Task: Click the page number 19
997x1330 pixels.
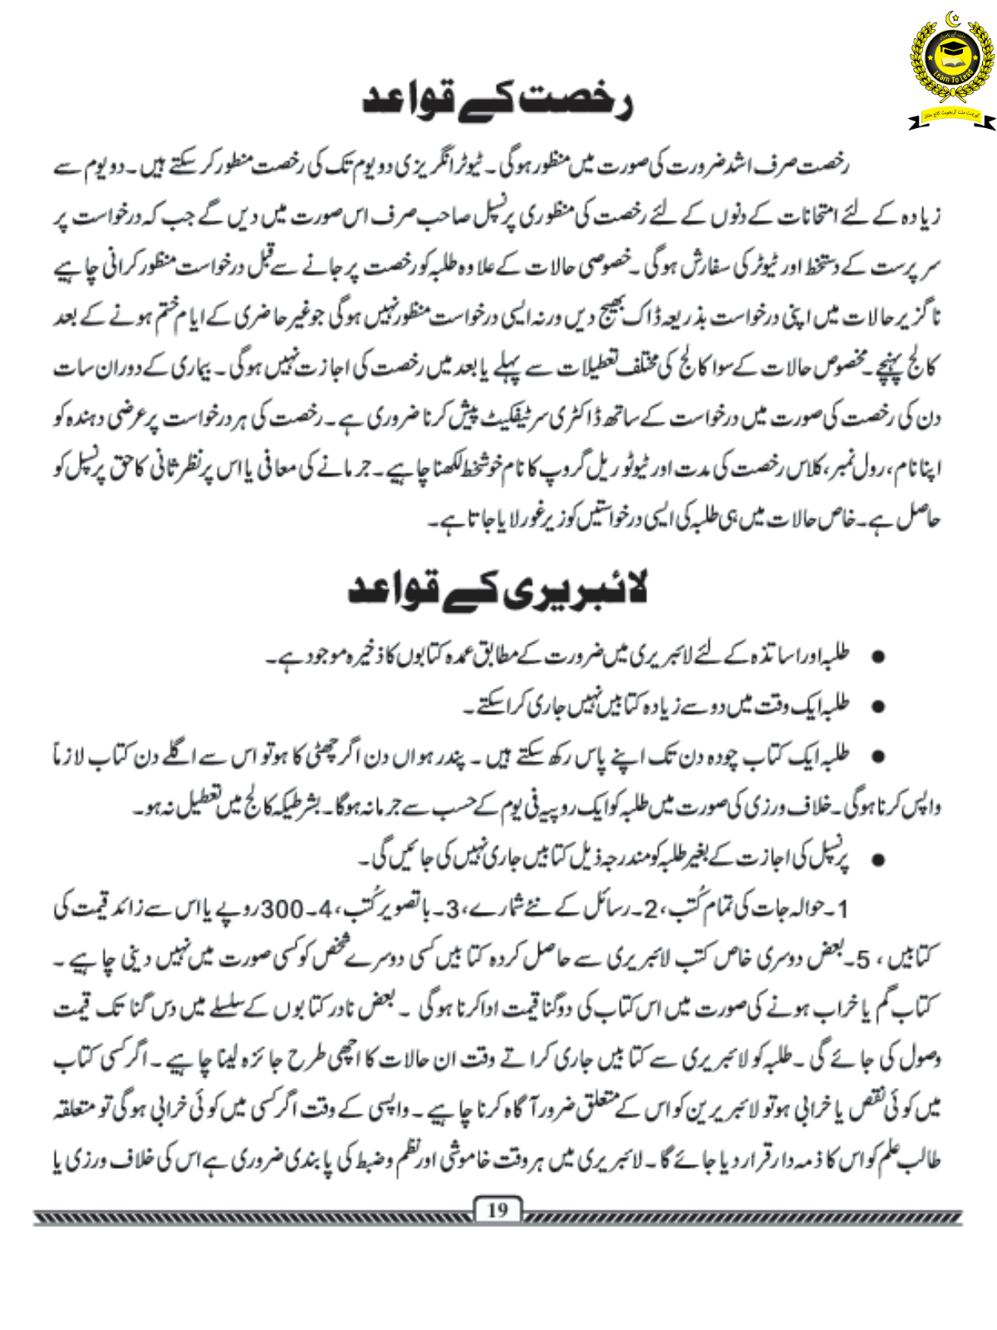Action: click(x=497, y=1210)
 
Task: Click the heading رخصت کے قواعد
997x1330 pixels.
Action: click(x=498, y=100)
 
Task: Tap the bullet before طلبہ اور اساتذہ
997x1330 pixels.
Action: click(x=877, y=658)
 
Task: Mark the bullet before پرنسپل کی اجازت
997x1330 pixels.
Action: click(x=877, y=860)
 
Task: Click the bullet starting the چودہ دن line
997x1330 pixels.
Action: click(x=877, y=757)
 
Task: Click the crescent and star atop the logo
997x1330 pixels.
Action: click(x=952, y=18)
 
